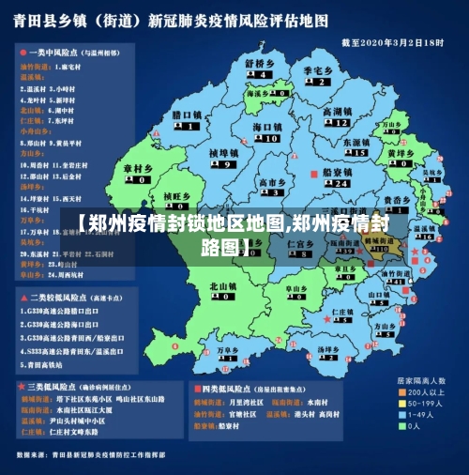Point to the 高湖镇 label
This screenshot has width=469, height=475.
[337, 112]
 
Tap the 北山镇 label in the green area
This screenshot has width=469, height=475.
[223, 285]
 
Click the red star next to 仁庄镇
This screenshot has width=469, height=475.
[326, 319]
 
